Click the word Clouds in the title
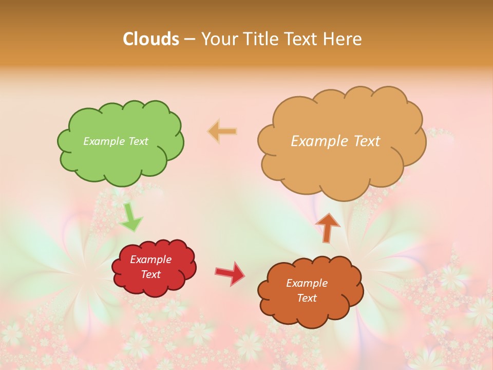(151, 39)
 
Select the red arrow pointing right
(230, 273)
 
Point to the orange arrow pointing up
(327, 228)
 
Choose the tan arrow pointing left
(222, 132)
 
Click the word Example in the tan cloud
(320, 141)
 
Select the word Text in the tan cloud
(366, 141)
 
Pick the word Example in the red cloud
(150, 260)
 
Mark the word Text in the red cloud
(150, 274)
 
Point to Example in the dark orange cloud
(307, 283)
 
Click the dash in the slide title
(189, 39)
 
